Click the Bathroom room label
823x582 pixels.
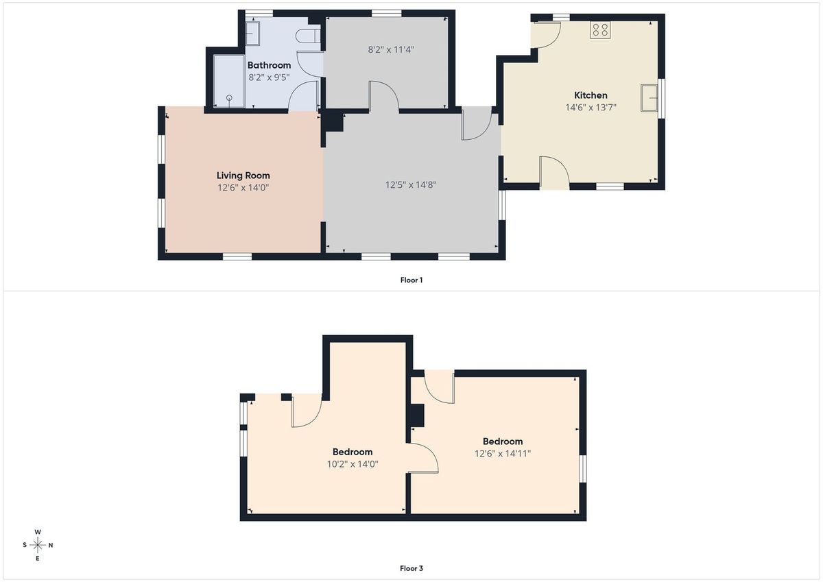point(269,65)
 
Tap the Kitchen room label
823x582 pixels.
point(591,95)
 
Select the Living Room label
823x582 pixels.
point(243,176)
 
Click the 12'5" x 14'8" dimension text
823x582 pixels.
point(410,184)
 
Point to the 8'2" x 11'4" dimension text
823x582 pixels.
point(391,49)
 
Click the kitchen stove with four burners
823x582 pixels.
point(600,29)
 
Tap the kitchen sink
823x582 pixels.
point(649,97)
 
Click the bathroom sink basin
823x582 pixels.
point(253,34)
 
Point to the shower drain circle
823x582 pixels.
point(229,97)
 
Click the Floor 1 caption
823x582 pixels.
point(411,280)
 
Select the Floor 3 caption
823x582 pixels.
point(411,568)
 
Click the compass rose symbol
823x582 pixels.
point(38,545)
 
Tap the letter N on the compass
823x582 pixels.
point(51,545)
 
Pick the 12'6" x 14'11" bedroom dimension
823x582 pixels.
point(503,454)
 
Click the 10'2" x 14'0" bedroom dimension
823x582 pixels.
point(353,464)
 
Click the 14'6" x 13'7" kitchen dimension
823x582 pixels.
point(591,108)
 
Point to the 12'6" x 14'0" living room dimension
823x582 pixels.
point(243,188)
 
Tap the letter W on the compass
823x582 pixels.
point(38,532)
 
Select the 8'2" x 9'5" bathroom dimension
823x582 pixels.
point(269,77)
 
